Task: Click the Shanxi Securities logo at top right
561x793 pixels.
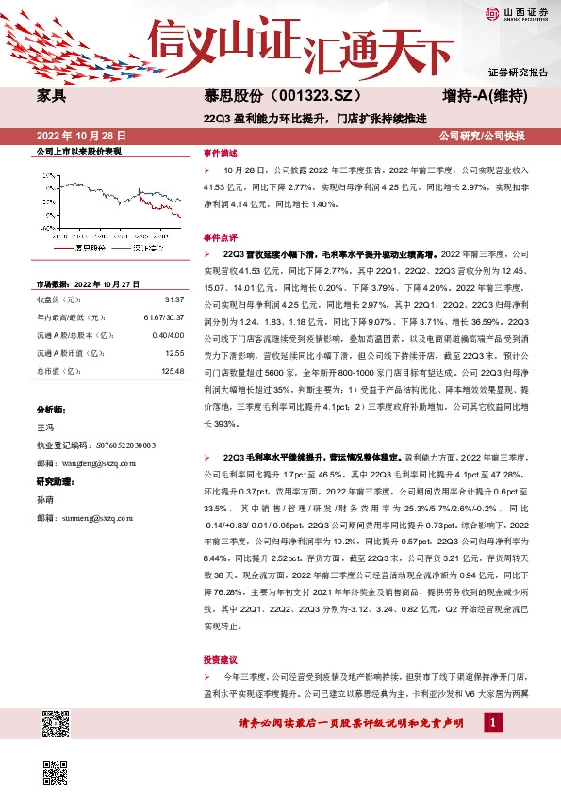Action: point(517,13)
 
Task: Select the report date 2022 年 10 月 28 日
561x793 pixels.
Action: point(80,136)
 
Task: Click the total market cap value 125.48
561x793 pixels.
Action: point(172,370)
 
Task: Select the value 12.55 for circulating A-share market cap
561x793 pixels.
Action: point(173,352)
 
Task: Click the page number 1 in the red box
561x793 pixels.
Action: point(492,721)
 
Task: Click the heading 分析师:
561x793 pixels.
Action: point(51,410)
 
